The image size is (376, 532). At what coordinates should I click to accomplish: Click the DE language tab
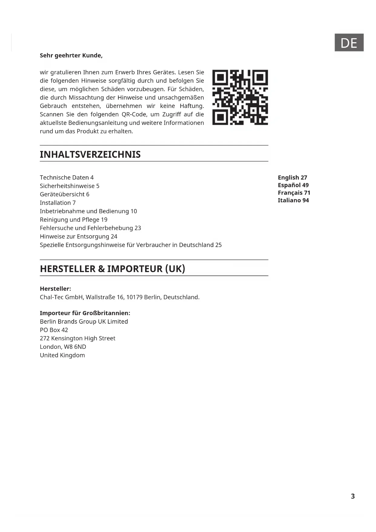click(349, 43)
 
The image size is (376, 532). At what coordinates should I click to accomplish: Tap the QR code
click(240, 97)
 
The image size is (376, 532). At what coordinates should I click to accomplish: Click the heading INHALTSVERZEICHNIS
click(90, 154)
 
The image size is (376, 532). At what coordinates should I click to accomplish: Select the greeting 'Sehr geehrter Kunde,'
click(71, 56)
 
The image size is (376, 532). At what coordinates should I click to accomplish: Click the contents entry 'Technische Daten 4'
click(67, 177)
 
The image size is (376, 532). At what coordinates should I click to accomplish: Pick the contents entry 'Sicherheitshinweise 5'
click(69, 186)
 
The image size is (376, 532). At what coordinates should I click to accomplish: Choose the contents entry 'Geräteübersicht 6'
click(65, 194)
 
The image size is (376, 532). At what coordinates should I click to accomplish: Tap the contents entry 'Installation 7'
click(58, 203)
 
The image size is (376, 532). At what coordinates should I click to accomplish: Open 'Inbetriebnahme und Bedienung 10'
click(88, 211)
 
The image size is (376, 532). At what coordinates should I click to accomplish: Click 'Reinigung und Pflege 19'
click(74, 220)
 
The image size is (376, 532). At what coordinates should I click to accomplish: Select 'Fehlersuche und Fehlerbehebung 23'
click(90, 228)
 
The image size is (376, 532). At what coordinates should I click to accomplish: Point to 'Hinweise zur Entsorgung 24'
click(78, 237)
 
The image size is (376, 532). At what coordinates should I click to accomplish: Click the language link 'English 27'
click(292, 177)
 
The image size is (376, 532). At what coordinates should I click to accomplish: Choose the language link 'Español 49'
click(293, 185)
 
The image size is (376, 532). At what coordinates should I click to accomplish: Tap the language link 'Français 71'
click(294, 193)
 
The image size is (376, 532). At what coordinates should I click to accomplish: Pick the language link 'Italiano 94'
click(293, 200)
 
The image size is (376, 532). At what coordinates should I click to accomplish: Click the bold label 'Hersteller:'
click(55, 289)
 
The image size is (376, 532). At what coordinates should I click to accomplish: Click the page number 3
click(353, 496)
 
